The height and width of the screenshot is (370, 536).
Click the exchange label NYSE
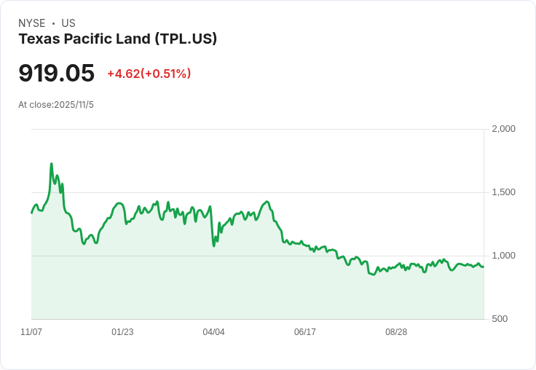tap(32, 23)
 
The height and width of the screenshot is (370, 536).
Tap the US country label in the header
tap(68, 23)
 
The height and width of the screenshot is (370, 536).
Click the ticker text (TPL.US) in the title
tap(186, 39)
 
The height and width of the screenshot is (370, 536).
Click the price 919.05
tap(56, 74)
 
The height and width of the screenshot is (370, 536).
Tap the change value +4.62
tap(123, 74)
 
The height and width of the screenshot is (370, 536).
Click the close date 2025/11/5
tap(74, 105)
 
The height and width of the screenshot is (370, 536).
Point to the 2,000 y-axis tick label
tap(503, 129)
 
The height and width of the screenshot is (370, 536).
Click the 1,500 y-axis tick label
tap(503, 192)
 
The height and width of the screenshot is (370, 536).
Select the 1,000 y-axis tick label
tap(503, 256)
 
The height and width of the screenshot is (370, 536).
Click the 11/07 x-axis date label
tap(31, 332)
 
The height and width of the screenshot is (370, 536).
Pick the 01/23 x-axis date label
tap(122, 332)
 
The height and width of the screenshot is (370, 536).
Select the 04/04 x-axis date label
tap(213, 332)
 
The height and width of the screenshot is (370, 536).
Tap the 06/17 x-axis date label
tap(305, 332)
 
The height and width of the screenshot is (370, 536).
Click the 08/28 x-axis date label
tap(396, 332)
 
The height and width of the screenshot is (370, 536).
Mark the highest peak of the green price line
tap(51, 164)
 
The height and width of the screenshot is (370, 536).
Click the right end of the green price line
tap(483, 267)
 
